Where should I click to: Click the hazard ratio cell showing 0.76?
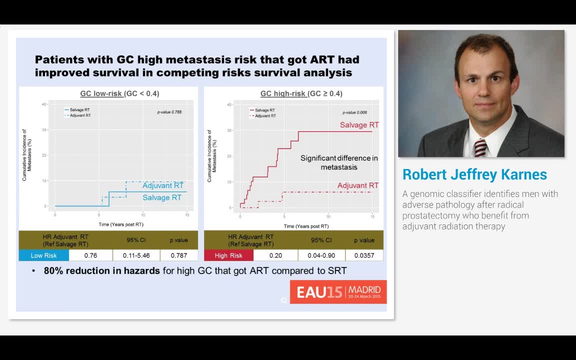[90, 255]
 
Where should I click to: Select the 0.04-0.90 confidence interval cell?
[321, 255]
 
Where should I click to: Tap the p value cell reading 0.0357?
[364, 255]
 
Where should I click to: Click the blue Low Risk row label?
[43, 255]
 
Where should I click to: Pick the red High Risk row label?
[228, 255]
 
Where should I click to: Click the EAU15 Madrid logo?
[338, 291]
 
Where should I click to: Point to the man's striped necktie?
[480, 148]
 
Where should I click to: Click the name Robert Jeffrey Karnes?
[474, 174]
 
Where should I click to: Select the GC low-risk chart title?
[119, 93]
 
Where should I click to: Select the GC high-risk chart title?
[301, 93]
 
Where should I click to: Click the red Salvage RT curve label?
[359, 125]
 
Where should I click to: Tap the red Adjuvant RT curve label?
[357, 185]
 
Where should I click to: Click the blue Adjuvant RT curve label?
[163, 185]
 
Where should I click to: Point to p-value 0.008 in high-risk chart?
[354, 112]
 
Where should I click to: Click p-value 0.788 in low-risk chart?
[169, 112]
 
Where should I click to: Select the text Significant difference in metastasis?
[339, 162]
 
